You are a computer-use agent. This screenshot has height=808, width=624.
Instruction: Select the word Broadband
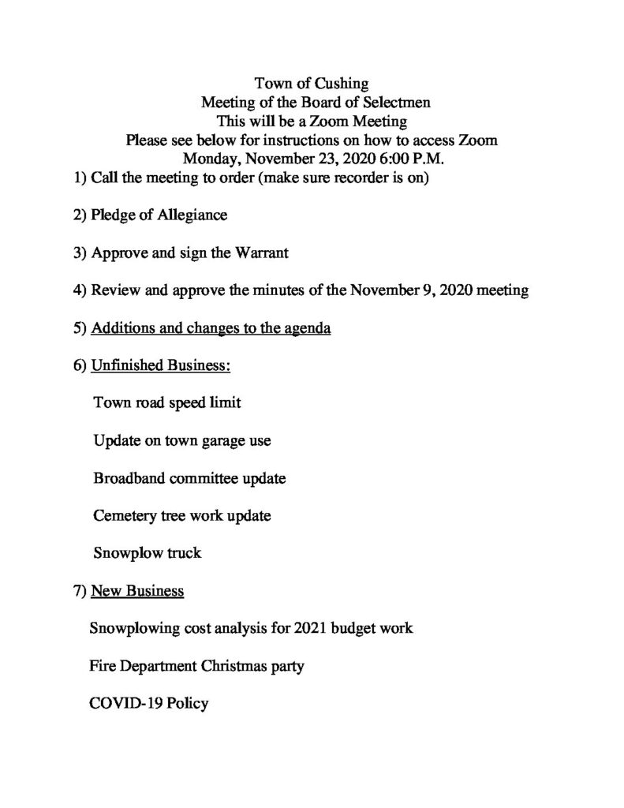[129, 478]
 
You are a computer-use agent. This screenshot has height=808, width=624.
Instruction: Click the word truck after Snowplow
[182, 553]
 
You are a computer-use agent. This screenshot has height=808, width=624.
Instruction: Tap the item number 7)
[79, 591]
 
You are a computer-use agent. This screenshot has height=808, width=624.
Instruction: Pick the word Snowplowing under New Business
[136, 630]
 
